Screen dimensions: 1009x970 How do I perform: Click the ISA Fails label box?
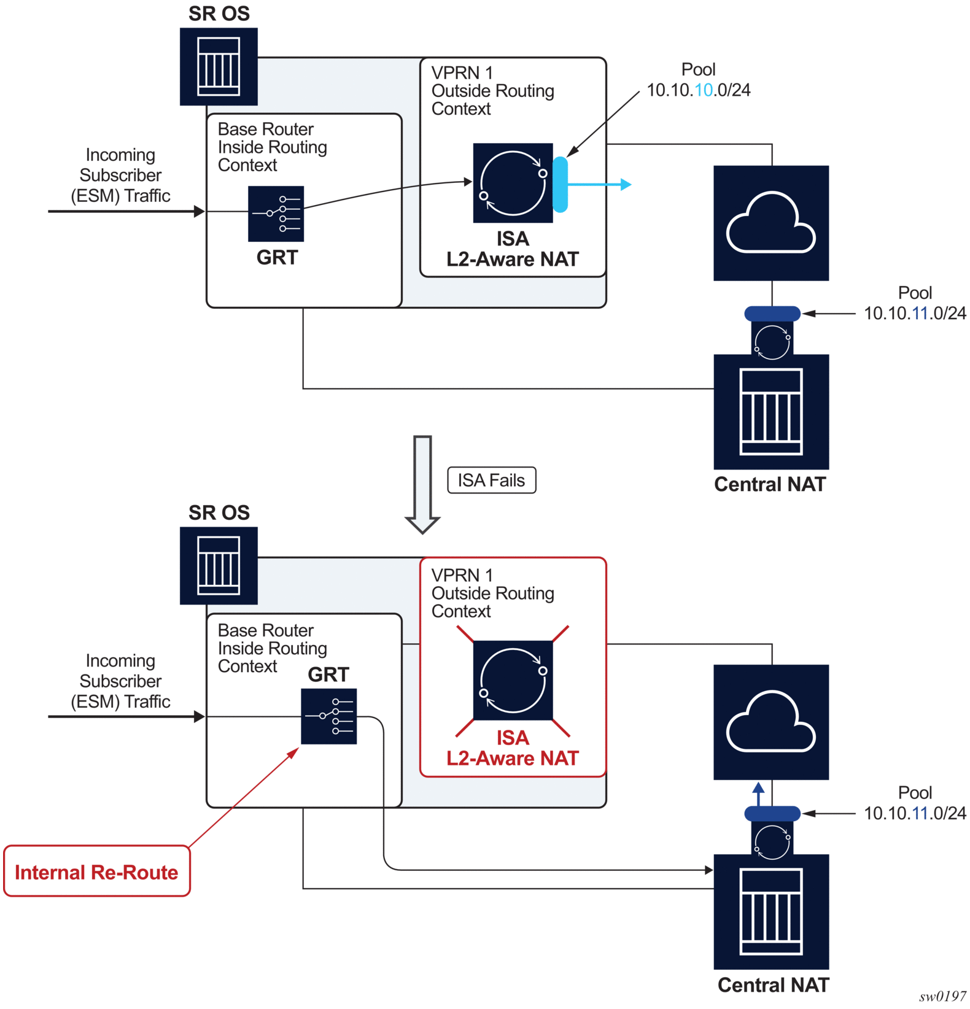click(491, 480)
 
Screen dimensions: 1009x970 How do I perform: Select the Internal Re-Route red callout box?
click(96, 872)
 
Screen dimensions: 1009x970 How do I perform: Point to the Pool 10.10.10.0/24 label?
click(699, 80)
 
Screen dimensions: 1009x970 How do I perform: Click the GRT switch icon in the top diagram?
click(276, 214)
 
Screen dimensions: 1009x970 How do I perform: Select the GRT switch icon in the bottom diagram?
click(328, 716)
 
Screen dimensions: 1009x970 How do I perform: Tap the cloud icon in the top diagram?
click(771, 223)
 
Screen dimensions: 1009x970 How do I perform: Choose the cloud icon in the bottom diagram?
click(771, 722)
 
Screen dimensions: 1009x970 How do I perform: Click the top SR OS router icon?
click(219, 66)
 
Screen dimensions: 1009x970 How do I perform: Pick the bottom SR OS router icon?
click(219, 565)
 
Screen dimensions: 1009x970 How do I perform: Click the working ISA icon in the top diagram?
click(513, 183)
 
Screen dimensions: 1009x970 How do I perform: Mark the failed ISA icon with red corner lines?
click(513, 681)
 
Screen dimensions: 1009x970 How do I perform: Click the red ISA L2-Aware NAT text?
click(513, 748)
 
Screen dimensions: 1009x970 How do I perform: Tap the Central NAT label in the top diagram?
click(770, 484)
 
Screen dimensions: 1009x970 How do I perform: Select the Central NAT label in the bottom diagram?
click(773, 985)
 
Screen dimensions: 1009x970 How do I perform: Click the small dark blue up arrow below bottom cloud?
click(759, 793)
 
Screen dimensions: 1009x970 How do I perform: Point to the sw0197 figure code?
click(942, 997)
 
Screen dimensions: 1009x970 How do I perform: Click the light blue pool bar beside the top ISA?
click(560, 184)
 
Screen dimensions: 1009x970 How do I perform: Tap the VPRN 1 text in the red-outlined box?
click(462, 575)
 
